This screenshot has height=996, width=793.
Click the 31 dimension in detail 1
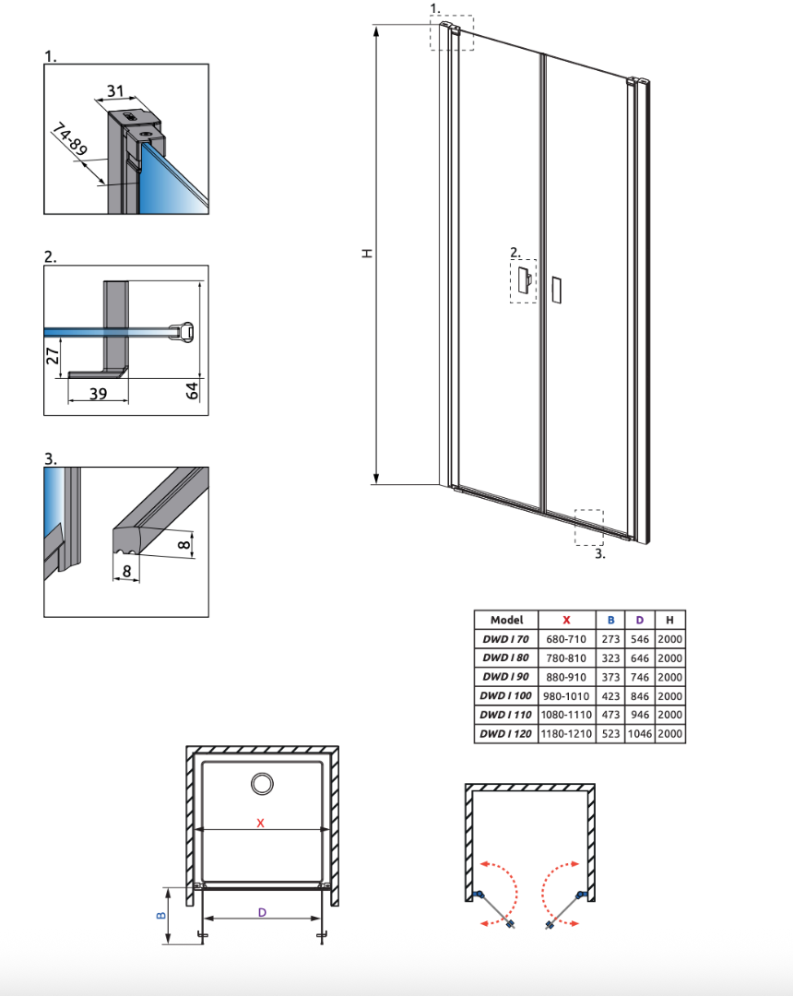coord(115,90)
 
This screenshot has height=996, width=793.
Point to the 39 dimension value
coord(97,394)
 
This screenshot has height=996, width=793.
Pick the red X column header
coord(566,621)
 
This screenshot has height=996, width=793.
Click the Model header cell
coord(506,621)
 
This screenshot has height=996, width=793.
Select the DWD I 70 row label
coord(506,639)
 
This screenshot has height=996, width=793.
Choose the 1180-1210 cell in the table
coord(566,734)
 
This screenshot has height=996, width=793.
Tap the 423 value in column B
coord(610,696)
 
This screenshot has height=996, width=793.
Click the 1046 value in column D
coord(640,734)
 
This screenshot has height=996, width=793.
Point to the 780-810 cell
coord(566,658)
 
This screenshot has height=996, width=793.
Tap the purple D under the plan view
coord(262,912)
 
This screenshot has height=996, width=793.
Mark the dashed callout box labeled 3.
coord(587,527)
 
